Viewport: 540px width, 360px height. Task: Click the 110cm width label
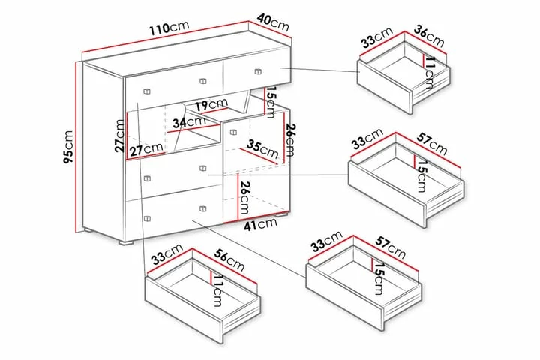click(169, 28)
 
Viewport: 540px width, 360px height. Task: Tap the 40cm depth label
click(273, 22)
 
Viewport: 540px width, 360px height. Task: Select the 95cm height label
click(69, 147)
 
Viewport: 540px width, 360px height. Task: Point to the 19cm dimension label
click(211, 104)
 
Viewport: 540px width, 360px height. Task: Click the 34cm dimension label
click(189, 122)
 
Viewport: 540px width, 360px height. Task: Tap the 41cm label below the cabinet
click(260, 224)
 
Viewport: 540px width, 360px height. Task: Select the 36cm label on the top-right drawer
click(429, 36)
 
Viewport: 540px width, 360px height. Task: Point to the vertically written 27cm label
click(119, 136)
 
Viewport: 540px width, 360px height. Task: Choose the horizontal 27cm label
click(145, 149)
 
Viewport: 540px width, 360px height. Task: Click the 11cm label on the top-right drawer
click(430, 73)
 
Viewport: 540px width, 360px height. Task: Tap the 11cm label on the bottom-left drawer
click(217, 290)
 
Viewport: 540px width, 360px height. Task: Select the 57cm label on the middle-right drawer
click(432, 144)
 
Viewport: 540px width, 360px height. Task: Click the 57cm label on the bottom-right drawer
click(391, 247)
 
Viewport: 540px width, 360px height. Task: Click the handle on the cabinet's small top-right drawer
click(258, 72)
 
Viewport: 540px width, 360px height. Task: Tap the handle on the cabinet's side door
click(233, 132)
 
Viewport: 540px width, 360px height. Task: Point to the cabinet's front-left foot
click(126, 242)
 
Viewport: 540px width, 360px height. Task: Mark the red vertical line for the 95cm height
click(76, 147)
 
